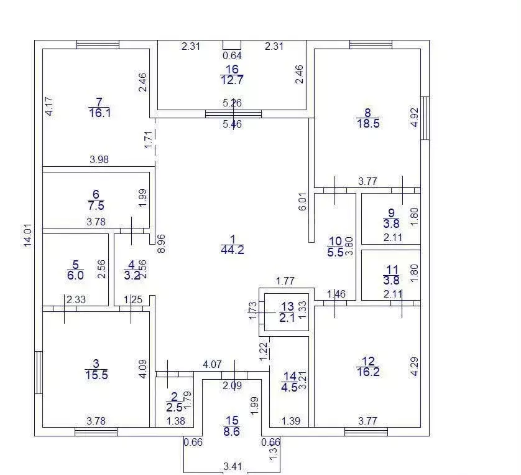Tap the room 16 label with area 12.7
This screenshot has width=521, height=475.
232,75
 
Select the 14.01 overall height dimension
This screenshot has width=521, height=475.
28,235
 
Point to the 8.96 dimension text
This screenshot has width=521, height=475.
161,244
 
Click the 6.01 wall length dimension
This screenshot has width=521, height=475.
303,202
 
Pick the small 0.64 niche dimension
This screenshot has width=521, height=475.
232,55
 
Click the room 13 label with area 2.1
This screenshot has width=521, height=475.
287,312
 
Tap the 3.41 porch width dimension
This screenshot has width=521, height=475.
233,466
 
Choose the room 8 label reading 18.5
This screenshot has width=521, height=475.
368,118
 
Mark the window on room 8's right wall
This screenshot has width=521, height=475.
425,118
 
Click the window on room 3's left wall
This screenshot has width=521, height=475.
39,372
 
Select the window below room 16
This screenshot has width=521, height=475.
233,114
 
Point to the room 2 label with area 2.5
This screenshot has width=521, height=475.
175,402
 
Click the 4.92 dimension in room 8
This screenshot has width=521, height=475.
414,118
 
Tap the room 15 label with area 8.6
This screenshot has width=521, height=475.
232,426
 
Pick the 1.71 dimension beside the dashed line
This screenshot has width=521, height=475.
149,139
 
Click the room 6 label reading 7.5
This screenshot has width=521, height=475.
96,200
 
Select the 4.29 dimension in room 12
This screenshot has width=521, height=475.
414,367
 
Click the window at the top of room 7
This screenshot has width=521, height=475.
98,45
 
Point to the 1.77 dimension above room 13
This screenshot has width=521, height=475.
285,281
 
